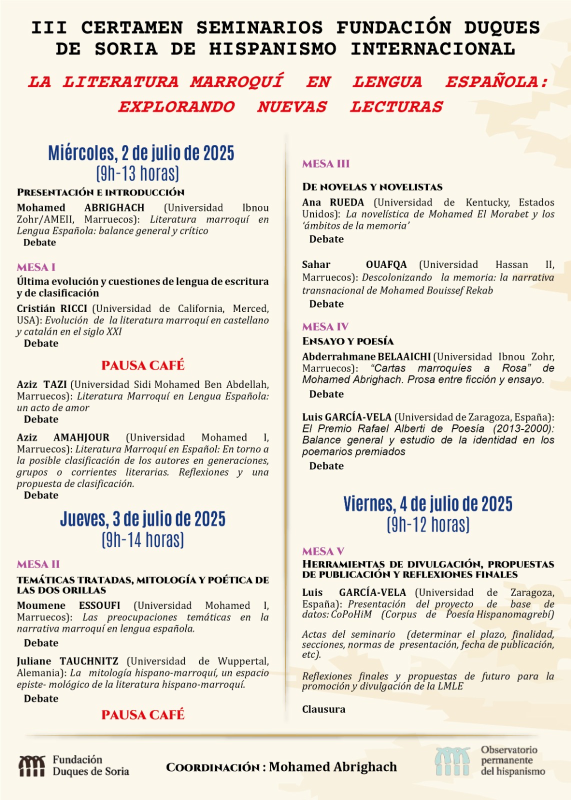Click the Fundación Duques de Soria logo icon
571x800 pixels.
pyautogui.click(x=32, y=765)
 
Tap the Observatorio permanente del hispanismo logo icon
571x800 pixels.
pyautogui.click(x=452, y=761)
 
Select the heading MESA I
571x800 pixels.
pyautogui.click(x=36, y=267)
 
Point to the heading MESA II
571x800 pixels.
pyautogui.click(x=38, y=564)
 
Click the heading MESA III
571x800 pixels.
pyautogui.click(x=326, y=163)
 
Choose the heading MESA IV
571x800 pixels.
pyautogui.click(x=325, y=326)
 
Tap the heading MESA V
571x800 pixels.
pyautogui.click(x=323, y=551)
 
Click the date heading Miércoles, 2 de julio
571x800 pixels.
pyautogui.click(x=141, y=153)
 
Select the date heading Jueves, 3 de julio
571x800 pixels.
pyautogui.click(x=142, y=519)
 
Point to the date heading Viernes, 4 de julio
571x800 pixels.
pyautogui.click(x=427, y=504)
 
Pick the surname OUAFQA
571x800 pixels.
pyautogui.click(x=386, y=264)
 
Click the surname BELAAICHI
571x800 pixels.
pyautogui.click(x=404, y=356)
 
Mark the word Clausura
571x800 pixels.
pyautogui.click(x=323, y=709)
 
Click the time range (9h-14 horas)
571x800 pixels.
pyautogui.click(x=142, y=540)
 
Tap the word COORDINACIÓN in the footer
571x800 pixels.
pyautogui.click(x=213, y=767)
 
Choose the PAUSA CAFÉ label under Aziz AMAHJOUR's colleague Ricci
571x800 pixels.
pyautogui.click(x=143, y=365)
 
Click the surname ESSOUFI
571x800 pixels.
pyautogui.click(x=99, y=605)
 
